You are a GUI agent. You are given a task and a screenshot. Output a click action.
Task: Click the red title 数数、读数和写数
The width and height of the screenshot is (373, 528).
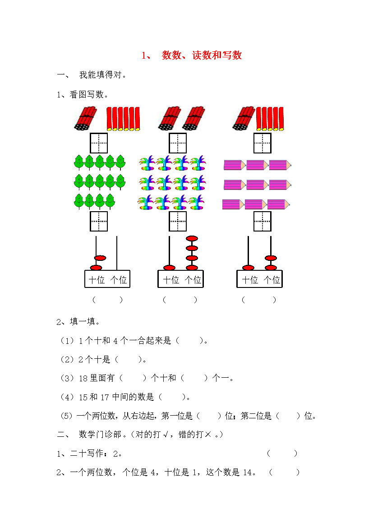coord(202,55)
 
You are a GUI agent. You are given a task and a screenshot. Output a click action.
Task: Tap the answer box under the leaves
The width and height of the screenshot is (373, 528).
coord(99,221)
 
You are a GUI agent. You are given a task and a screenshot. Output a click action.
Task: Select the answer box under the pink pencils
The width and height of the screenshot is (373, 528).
coord(262,221)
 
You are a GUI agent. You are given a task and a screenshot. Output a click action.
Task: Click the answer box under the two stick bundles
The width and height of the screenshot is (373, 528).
coord(177,143)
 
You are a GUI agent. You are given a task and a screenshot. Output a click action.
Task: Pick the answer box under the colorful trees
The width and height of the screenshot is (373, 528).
coord(177,221)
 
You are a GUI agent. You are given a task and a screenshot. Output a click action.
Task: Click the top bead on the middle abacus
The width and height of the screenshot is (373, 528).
coord(192,239)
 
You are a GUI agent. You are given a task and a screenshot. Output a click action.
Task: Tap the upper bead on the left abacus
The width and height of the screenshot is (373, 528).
coord(100,258)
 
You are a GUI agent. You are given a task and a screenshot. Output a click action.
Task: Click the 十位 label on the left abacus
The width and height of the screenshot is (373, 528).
coord(97,280)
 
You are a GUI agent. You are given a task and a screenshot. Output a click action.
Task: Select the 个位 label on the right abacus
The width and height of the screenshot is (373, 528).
coord(272,280)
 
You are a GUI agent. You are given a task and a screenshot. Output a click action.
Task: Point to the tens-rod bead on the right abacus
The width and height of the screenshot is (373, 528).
coord(248,268)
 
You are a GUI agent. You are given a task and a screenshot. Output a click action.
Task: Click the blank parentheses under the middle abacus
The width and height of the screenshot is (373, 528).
coord(180,300)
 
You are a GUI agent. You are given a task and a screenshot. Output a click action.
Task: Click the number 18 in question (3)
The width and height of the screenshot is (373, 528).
coord(83,379)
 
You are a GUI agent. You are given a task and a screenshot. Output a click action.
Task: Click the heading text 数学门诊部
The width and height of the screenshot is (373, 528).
coord(100,435)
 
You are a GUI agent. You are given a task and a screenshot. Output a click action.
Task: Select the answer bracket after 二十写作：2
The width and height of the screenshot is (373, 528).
coord(282,453)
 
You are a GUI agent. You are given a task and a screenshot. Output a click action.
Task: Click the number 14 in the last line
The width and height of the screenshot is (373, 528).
coord(248,472)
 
